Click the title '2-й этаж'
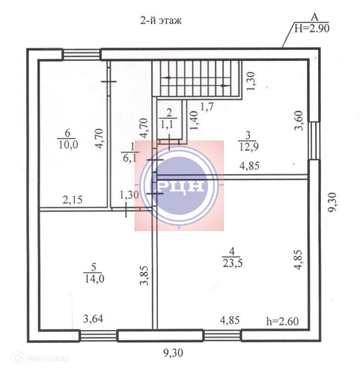pyautogui.click(x=161, y=21)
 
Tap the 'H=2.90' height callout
pyautogui.click(x=312, y=29)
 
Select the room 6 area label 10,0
pyautogui.click(x=68, y=145)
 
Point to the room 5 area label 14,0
pyautogui.click(x=94, y=279)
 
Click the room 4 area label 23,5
pyautogui.click(x=232, y=263)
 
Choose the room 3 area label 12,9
pyautogui.click(x=249, y=147)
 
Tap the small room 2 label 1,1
pyautogui.click(x=168, y=125)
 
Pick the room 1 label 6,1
pyautogui.click(x=130, y=158)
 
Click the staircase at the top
pyautogui.click(x=197, y=79)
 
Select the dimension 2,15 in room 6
pyautogui.click(x=73, y=200)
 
